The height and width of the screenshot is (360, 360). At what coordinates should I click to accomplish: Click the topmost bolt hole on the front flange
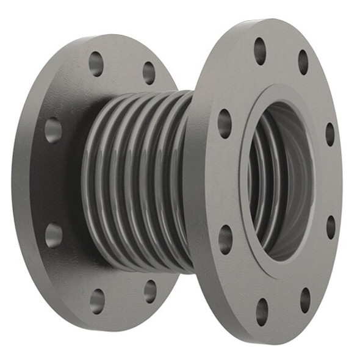tap(260, 51)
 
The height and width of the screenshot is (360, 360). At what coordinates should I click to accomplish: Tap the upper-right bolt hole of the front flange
tap(303, 62)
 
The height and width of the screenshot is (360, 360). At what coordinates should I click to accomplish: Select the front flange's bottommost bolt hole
tap(262, 311)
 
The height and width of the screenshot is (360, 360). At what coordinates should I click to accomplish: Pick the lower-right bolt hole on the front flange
tap(305, 300)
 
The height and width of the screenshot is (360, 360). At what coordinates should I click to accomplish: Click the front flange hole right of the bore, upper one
tap(329, 134)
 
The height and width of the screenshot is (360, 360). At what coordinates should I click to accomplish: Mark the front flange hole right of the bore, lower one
tap(331, 226)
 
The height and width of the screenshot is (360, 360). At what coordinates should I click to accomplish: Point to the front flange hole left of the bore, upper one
tap(225, 123)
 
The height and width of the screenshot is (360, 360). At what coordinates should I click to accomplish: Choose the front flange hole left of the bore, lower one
tap(226, 239)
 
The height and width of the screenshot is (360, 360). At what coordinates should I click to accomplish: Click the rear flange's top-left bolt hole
tap(96, 63)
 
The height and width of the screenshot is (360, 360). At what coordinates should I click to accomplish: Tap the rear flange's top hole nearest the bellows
tap(149, 72)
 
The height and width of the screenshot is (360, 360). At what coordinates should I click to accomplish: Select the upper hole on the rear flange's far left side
tap(53, 129)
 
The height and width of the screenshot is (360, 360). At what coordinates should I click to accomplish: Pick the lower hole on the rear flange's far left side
tap(54, 234)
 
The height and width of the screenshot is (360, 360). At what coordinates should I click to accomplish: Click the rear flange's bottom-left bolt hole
tap(97, 300)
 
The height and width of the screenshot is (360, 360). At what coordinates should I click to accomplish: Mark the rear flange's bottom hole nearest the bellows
tap(150, 291)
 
